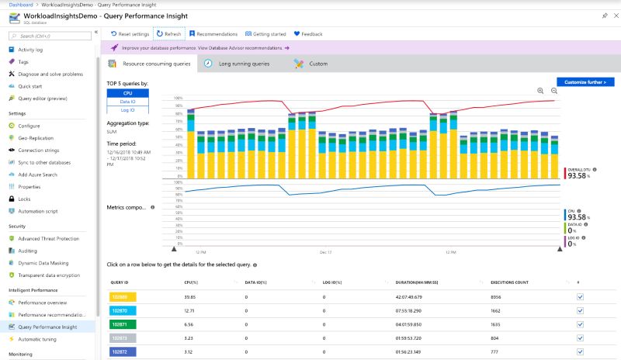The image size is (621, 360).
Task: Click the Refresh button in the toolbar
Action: (169, 34)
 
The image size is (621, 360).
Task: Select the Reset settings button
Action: (130, 34)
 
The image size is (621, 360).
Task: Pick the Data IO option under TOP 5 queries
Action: (127, 102)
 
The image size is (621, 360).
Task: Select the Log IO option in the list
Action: (127, 110)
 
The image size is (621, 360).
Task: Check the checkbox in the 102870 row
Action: (580, 309)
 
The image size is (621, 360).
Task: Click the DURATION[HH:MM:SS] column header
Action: (418, 282)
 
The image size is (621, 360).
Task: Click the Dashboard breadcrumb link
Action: (21, 5)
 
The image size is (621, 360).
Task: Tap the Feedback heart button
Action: (308, 34)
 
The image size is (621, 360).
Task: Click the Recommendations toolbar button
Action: (213, 34)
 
